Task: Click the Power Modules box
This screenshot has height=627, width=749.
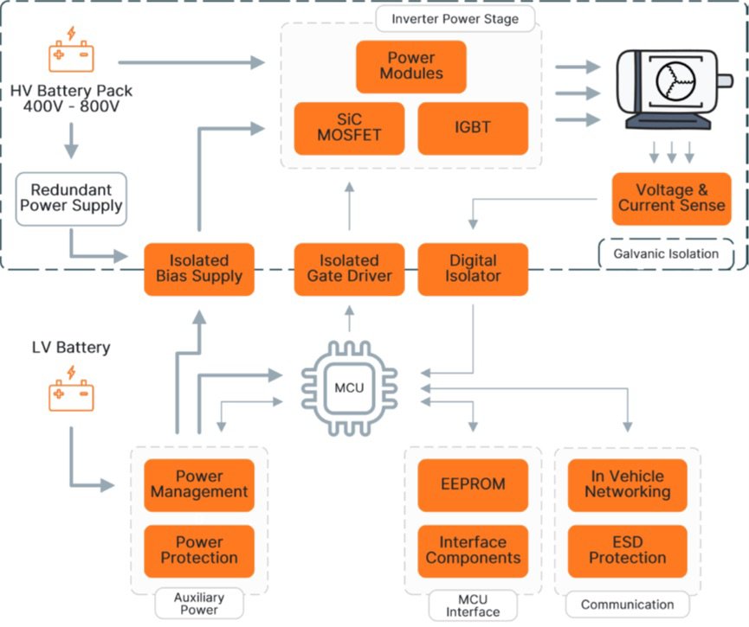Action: (x=410, y=67)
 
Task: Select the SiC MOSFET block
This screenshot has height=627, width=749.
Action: (x=349, y=128)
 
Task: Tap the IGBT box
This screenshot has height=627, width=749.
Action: (x=472, y=128)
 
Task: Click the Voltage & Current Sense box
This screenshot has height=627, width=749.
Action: (x=671, y=199)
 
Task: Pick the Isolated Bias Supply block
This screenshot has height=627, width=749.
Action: (x=199, y=269)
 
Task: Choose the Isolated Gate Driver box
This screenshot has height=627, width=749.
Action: (x=349, y=269)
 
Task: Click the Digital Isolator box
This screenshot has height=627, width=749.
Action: (x=473, y=269)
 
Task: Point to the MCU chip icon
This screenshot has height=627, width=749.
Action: (x=349, y=387)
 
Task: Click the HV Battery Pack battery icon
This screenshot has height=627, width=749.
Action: (x=71, y=53)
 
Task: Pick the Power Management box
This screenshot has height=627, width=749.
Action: (x=199, y=484)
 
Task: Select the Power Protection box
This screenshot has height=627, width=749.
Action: (x=199, y=551)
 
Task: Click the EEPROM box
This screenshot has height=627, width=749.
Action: (x=473, y=484)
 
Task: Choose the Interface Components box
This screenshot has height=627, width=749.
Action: (x=473, y=551)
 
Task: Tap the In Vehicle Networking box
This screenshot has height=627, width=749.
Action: (x=627, y=484)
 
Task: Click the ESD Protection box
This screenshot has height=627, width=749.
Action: (x=627, y=551)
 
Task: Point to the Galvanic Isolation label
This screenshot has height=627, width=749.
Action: (x=664, y=253)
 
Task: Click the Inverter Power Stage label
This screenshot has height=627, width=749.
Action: (x=455, y=17)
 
